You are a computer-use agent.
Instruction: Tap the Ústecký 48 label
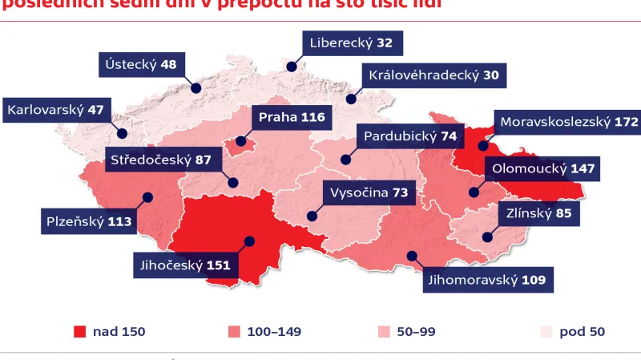(x=142, y=65)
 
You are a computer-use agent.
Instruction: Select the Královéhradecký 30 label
(x=433, y=76)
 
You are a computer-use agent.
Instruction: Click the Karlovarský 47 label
(x=55, y=110)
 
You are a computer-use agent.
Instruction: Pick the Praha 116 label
(x=292, y=118)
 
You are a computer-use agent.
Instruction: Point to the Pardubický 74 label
(x=410, y=136)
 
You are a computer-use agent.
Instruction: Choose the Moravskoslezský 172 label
(x=568, y=123)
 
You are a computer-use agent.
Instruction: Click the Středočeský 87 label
(x=162, y=160)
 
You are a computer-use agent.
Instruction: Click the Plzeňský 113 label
(x=88, y=220)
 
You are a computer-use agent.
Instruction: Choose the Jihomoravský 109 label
(x=486, y=280)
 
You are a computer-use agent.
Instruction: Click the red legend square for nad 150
(x=79, y=331)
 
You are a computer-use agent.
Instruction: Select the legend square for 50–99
(x=383, y=331)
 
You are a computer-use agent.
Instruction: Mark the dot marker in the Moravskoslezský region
(x=483, y=146)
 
